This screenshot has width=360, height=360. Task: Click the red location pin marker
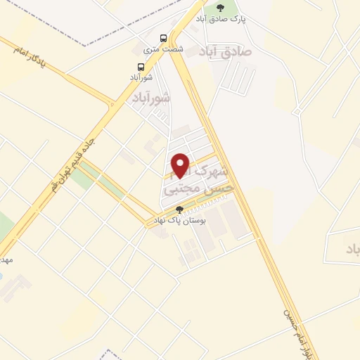(181, 165)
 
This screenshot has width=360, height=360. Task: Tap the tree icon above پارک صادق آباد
(221, 8)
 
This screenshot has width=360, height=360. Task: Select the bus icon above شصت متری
(164, 38)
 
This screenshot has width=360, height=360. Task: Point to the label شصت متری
(163, 49)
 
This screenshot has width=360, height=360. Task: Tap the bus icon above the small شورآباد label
(141, 67)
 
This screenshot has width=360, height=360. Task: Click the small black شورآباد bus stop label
(141, 77)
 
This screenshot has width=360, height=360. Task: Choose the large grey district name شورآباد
(151, 98)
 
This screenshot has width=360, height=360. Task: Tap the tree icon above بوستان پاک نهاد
(179, 210)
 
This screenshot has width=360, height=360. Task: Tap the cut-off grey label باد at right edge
(352, 249)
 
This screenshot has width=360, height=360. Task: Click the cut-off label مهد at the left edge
(6, 258)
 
